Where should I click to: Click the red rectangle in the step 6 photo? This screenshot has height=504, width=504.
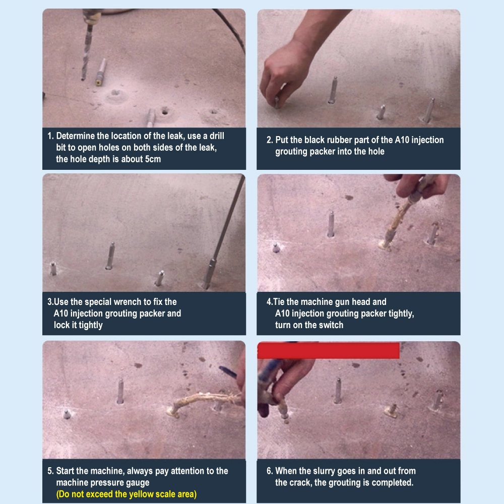point(328,350)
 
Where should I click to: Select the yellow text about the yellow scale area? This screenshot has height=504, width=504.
point(127,494)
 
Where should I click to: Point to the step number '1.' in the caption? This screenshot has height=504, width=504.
point(50,136)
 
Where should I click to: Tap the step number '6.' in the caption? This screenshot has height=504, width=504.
point(270,471)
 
